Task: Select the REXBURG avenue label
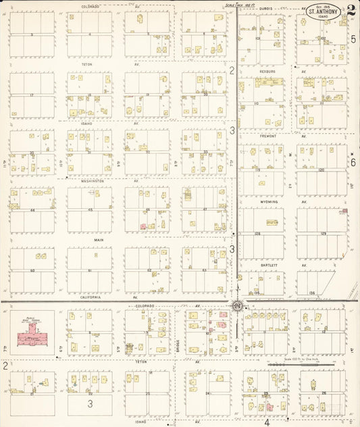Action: [267, 71]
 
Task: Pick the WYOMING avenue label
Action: [269, 201]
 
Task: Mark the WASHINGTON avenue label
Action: [93, 181]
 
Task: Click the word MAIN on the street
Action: [99, 240]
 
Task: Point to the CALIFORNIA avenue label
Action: [90, 297]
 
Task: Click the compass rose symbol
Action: [238, 306]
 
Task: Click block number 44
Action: [31, 210]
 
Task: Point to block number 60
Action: [32, 270]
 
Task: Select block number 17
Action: [32, 95]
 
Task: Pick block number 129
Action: [323, 233]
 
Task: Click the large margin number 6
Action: [353, 162]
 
